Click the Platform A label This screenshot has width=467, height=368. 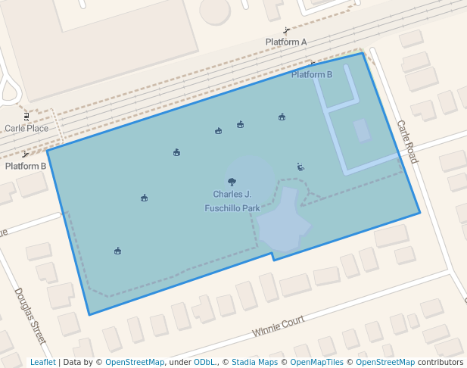pos(286,42)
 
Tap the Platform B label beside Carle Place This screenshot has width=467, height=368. pos(26,166)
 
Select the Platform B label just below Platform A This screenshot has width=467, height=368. pos(312,75)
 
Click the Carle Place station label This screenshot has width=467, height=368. pos(26,128)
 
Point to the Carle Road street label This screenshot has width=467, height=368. pos(406,142)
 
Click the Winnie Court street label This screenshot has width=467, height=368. pos(279,326)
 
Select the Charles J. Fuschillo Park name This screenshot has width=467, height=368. pos(232,201)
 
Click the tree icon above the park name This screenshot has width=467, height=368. pos(232,182)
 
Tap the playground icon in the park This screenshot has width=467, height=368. pos(300,167)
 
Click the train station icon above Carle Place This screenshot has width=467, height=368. pos(26,117)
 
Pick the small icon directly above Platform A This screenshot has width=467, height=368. pos(286,31)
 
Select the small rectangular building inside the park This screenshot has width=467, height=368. pos(362,130)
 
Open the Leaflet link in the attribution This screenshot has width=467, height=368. pos(42,363)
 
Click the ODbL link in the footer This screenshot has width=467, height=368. pos(204,363)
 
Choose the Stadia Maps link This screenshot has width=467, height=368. pos(254,363)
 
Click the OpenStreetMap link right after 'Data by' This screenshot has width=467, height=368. pos(135,363)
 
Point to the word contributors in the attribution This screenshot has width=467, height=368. pos(441,363)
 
